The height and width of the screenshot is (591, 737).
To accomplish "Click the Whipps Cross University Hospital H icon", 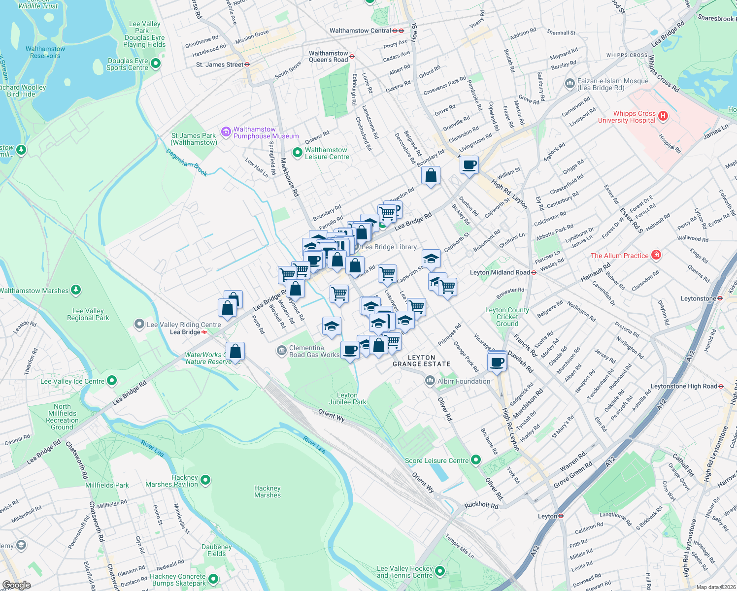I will click(663, 116).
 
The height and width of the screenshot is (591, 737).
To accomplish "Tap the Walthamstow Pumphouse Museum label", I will click(266, 132).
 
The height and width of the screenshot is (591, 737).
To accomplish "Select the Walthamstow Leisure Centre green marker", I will click(297, 153).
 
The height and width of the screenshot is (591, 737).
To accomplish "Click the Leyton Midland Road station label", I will click(500, 272).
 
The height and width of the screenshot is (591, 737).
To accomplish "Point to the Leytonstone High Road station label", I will click(684, 386).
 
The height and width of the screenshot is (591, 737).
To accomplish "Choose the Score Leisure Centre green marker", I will click(475, 460).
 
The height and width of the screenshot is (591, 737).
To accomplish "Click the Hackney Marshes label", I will click(268, 492).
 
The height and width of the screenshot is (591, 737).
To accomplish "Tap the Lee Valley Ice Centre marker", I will click(112, 380).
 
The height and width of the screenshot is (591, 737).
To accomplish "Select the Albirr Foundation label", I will click(464, 381).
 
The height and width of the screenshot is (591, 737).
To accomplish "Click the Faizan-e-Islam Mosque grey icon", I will click(570, 84).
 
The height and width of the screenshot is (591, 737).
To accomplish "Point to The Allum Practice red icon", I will click(656, 255).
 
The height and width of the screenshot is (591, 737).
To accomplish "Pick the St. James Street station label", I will click(219, 65).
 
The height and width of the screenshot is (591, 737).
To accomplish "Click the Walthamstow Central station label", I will click(360, 31).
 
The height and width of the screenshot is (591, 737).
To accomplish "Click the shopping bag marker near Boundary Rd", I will click(431, 175).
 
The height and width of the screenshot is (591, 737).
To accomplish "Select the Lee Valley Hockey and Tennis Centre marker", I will click(440, 571).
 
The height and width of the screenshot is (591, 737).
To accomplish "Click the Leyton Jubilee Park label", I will click(347, 398).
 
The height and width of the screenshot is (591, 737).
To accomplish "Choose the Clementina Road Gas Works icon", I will click(281, 350).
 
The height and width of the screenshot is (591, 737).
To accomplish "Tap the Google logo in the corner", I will click(16, 585).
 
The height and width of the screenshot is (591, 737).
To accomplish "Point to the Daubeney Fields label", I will click(216, 550).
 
